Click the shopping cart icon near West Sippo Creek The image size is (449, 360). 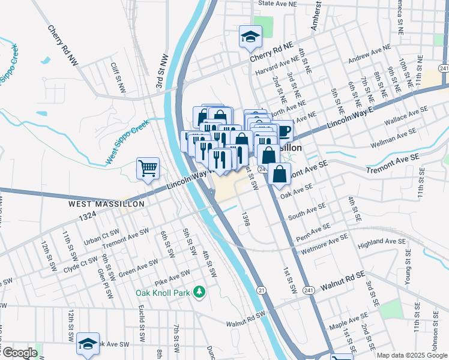[x=148, y=169]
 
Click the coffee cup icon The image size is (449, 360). [x=283, y=130]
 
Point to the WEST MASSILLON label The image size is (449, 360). [x=106, y=204]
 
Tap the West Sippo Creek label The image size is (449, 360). [x=127, y=142]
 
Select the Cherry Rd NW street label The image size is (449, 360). [x=63, y=46]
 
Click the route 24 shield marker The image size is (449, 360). [x=262, y=170]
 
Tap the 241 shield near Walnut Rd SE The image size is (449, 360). [x=309, y=290]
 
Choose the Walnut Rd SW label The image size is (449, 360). [x=246, y=319]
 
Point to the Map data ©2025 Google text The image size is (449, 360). [x=412, y=355]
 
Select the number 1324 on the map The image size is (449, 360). [x=87, y=215]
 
